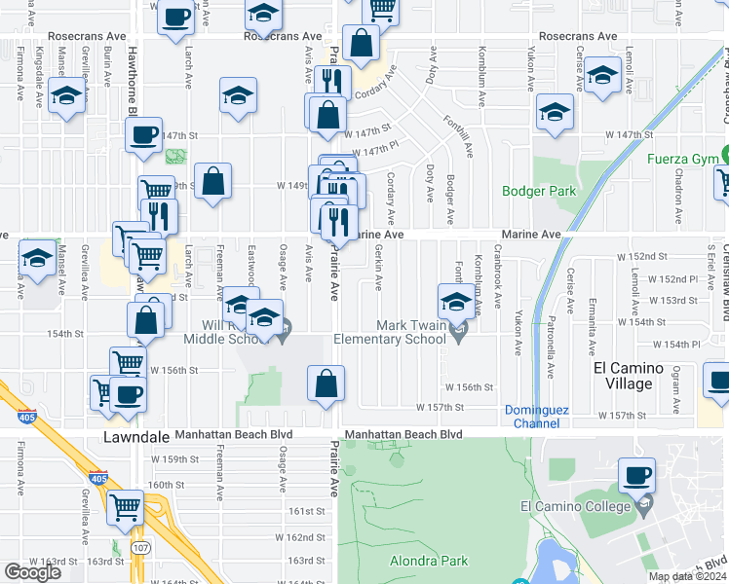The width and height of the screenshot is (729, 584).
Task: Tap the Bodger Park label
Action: [x=539, y=191]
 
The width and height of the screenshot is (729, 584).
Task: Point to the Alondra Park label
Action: [x=429, y=561]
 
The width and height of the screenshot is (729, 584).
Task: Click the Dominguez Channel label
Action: [x=532, y=416]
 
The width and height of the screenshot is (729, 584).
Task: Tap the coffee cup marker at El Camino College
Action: [x=637, y=477]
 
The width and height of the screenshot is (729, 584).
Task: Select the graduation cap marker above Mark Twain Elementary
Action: [x=454, y=304]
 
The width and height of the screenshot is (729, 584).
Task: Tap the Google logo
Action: [x=32, y=572]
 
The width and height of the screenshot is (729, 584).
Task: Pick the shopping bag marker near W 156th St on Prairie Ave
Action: [x=326, y=385]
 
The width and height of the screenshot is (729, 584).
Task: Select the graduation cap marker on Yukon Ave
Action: [x=555, y=114]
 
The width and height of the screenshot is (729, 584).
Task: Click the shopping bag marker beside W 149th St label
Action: [x=214, y=182]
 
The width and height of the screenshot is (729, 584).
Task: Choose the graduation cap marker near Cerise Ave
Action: [x=603, y=76]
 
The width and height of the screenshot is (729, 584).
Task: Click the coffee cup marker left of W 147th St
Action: [x=143, y=135]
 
